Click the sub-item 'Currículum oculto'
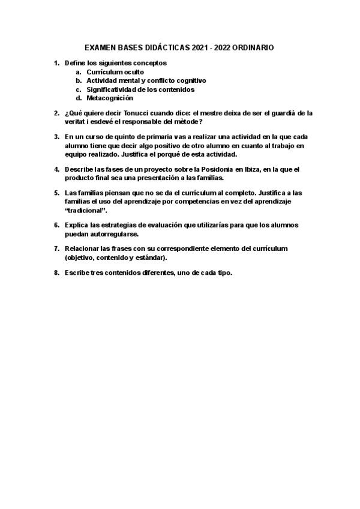pos(115,71)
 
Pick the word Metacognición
pos(110,98)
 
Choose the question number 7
pos(56,248)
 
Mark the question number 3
pos(56,136)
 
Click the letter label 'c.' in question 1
pos(79,89)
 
